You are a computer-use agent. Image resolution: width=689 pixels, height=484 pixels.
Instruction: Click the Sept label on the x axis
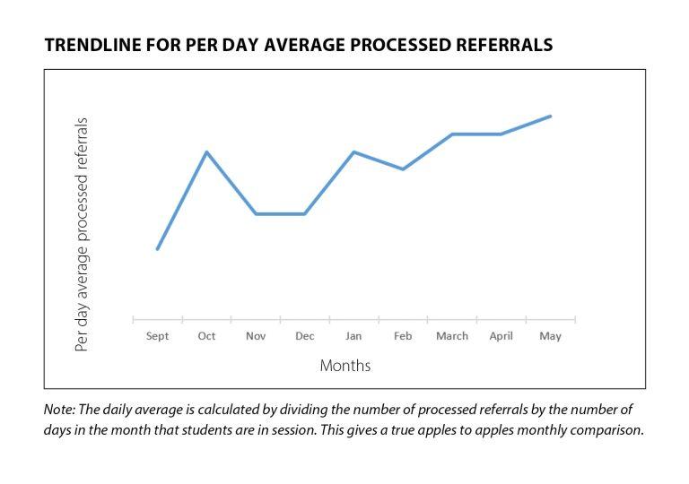click(x=158, y=336)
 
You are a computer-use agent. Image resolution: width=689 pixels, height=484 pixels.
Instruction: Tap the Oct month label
click(x=206, y=336)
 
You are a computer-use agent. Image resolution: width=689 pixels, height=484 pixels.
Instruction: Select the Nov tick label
click(x=256, y=336)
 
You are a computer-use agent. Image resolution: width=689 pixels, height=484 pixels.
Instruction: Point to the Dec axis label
click(x=305, y=336)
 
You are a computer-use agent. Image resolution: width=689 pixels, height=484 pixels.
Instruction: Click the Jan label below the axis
click(x=353, y=336)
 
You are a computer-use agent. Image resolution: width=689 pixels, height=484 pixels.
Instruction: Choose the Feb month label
click(x=403, y=336)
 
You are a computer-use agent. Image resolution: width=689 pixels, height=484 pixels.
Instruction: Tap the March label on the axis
click(x=452, y=336)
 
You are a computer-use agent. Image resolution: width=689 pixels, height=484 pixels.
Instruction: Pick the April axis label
click(x=501, y=336)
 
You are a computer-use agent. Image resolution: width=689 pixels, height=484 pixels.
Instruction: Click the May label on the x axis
click(x=550, y=336)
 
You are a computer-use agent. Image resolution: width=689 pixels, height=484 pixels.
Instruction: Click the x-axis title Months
click(x=345, y=366)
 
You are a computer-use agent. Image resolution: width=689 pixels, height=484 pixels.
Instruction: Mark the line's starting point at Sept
click(x=157, y=249)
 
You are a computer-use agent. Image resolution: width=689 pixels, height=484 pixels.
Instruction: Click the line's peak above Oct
click(x=207, y=151)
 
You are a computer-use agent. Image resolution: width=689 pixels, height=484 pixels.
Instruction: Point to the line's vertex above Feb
click(x=403, y=169)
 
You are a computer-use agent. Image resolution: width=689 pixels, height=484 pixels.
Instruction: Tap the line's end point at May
click(x=550, y=116)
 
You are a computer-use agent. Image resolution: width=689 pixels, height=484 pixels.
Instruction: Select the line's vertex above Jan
click(x=354, y=151)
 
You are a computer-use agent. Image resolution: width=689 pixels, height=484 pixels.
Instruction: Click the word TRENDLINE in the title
click(x=92, y=43)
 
